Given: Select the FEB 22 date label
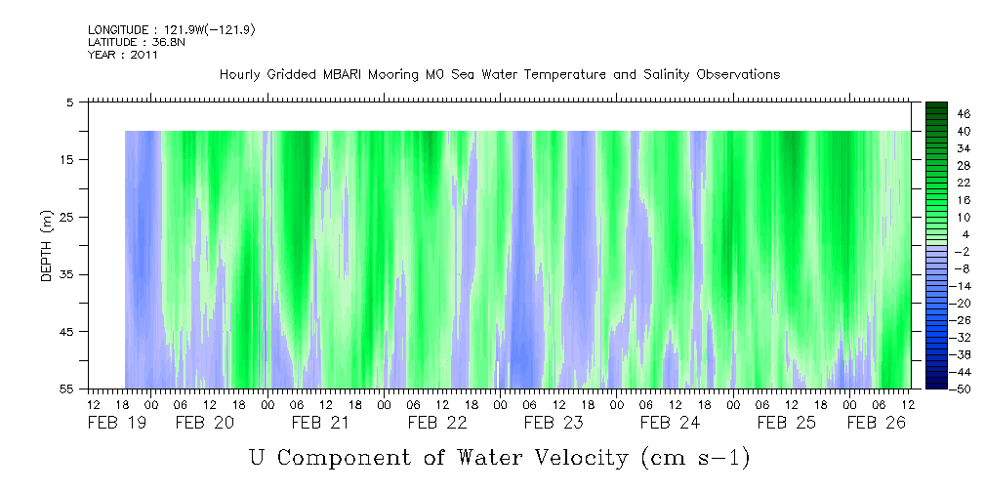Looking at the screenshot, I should [436, 423].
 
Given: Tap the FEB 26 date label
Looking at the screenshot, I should [876, 423].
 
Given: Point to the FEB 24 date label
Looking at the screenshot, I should [670, 423].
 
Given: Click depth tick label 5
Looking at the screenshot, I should [70, 102].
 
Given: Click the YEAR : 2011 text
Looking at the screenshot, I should [122, 55].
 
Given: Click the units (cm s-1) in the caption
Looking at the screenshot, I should [694, 457].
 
